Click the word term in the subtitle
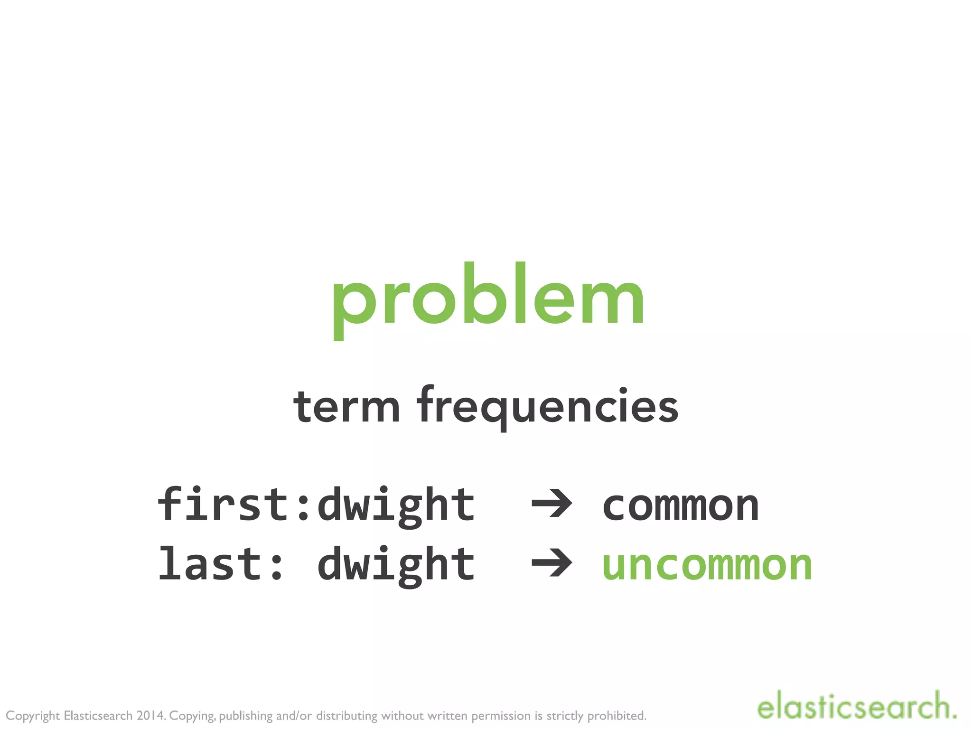346,407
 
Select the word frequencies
548,407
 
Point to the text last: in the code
221,563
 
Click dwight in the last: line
396,565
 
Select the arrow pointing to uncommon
552,563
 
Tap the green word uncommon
707,565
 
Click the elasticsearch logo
856,706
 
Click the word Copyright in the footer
33,716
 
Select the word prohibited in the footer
617,716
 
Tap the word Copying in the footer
192,716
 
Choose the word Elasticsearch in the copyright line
98,715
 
